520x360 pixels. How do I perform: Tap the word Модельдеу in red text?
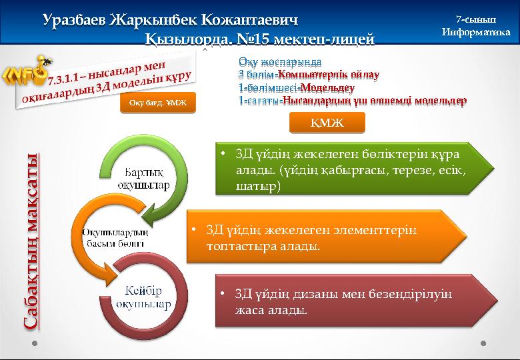pos(327,87)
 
